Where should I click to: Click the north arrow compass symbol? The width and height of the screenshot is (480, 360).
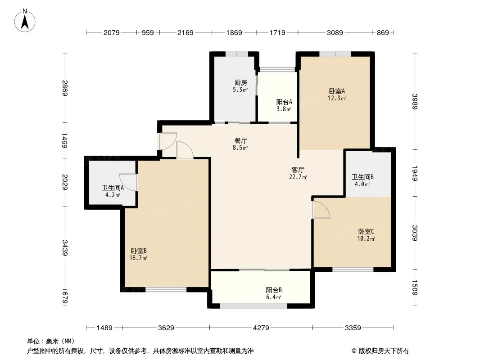(25, 21)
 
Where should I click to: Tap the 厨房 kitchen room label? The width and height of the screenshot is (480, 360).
(240, 83)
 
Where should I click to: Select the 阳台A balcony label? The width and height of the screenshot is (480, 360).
(284, 102)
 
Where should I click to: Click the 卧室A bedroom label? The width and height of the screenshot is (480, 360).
(337, 91)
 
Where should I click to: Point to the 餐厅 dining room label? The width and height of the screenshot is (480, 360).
(240, 141)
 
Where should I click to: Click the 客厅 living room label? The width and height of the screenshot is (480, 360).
(298, 170)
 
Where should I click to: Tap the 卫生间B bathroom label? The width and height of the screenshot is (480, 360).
(362, 177)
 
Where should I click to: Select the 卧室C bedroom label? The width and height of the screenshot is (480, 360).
(366, 232)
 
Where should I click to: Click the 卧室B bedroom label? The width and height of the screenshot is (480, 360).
(139, 251)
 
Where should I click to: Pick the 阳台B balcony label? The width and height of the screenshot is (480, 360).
(274, 290)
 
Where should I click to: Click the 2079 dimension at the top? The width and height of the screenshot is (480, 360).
(111, 32)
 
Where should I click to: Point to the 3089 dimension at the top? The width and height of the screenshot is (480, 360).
(335, 32)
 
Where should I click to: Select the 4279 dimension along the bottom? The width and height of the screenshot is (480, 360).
(261, 328)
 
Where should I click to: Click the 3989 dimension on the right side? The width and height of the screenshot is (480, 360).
(415, 101)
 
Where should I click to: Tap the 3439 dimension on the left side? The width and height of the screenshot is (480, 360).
(65, 248)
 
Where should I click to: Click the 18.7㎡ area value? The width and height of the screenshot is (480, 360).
(138, 258)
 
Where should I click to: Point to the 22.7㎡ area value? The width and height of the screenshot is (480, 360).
(298, 177)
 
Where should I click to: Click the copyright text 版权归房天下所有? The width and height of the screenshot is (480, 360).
(384, 351)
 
